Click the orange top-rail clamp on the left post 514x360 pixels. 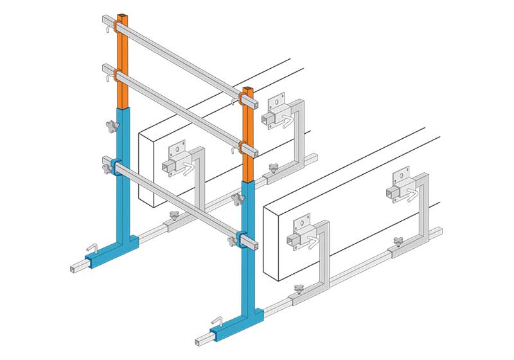(119, 26)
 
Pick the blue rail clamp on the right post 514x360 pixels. (244, 238)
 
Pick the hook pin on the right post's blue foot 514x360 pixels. (218, 319)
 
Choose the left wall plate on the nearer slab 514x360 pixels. (301, 233)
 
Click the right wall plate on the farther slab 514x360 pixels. (276, 109)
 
